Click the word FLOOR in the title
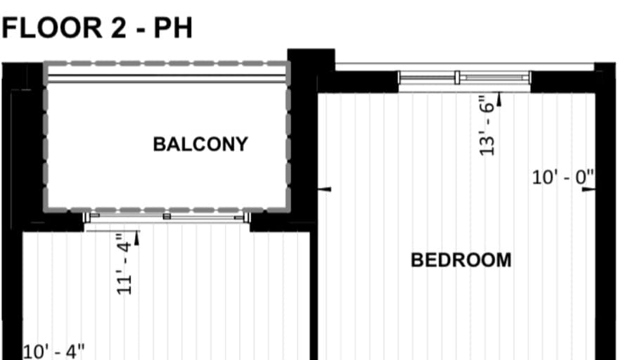pos(52,27)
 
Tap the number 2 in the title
pos(119,27)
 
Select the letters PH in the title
pos(173,27)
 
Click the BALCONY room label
pos(200,144)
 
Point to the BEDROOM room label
pos(461,260)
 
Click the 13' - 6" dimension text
pos(487,125)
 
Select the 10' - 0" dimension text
pos(563,177)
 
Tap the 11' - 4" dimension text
pos(124,264)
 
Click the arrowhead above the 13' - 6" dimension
pos(499,99)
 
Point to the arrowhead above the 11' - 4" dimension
pos(136,238)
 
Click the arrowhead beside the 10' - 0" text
pos(589,189)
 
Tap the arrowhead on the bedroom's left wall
pos(325,189)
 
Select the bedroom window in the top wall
pos(465,77)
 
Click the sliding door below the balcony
pos(167,217)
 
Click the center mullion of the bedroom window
pos(457,77)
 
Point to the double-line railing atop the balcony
pos(167,78)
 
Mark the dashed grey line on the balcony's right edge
pos(288,136)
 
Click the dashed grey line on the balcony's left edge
pos(46,136)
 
